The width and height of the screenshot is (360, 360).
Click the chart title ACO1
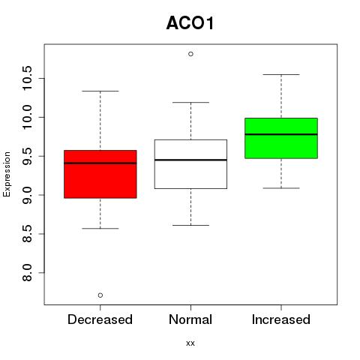190,23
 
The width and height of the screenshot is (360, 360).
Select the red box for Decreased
100,174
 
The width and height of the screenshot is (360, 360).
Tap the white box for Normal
190,164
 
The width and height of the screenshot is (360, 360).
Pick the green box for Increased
281,138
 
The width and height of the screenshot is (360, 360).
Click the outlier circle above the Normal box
190,54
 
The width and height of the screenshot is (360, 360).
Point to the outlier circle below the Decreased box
100,295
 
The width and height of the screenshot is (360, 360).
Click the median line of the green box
281,134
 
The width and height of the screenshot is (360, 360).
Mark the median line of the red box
100,163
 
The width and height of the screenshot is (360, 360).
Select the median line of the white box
190,160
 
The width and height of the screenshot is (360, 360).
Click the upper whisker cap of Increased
281,74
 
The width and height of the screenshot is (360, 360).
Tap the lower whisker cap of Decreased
100,228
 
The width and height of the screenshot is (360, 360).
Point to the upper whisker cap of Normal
190,102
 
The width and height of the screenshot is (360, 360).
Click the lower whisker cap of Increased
281,188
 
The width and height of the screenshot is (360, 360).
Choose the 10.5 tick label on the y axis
27,78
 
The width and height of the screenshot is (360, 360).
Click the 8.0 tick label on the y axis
27,273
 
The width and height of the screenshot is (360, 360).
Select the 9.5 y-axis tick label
27,156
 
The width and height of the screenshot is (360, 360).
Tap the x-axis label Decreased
100,319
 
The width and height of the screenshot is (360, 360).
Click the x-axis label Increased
281,319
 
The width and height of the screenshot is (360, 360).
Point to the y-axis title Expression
7,174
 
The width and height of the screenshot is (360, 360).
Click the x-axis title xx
190,343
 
